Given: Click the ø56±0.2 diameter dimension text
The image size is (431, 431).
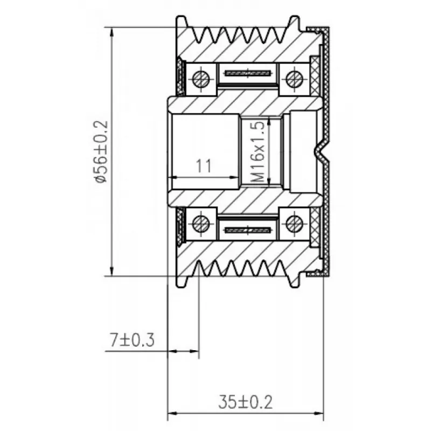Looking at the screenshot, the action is click(x=100, y=152).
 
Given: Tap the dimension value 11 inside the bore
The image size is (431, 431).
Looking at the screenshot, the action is click(x=204, y=165).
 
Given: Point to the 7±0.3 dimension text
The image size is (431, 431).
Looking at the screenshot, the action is click(x=132, y=340).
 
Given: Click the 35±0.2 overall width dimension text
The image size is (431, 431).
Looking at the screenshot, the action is click(x=246, y=402).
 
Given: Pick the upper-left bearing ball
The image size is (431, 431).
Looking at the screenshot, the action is click(x=201, y=79).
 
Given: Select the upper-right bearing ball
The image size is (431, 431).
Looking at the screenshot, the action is click(x=294, y=79).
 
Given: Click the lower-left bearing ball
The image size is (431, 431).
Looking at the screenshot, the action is click(x=201, y=223).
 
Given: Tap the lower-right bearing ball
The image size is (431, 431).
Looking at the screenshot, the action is click(x=294, y=223).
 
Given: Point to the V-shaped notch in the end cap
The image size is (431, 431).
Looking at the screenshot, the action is click(x=322, y=151).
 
